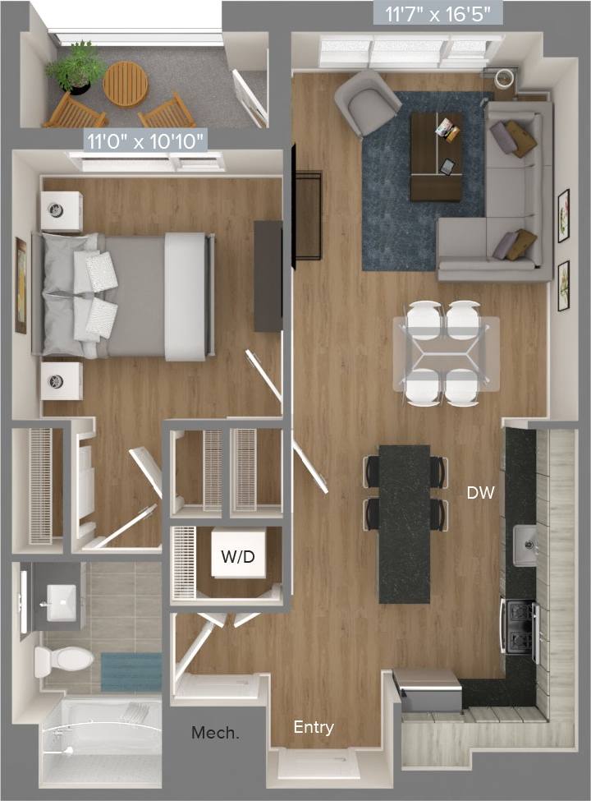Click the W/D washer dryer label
click(237, 557)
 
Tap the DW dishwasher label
click(480, 493)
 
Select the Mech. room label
click(215, 732)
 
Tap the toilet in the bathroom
click(63, 659)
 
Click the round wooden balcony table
click(126, 84)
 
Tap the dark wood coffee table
click(435, 156)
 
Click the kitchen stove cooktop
click(520, 628)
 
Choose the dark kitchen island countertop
click(404, 523)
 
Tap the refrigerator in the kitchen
click(428, 689)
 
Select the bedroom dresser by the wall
click(268, 276)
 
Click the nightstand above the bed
click(62, 211)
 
